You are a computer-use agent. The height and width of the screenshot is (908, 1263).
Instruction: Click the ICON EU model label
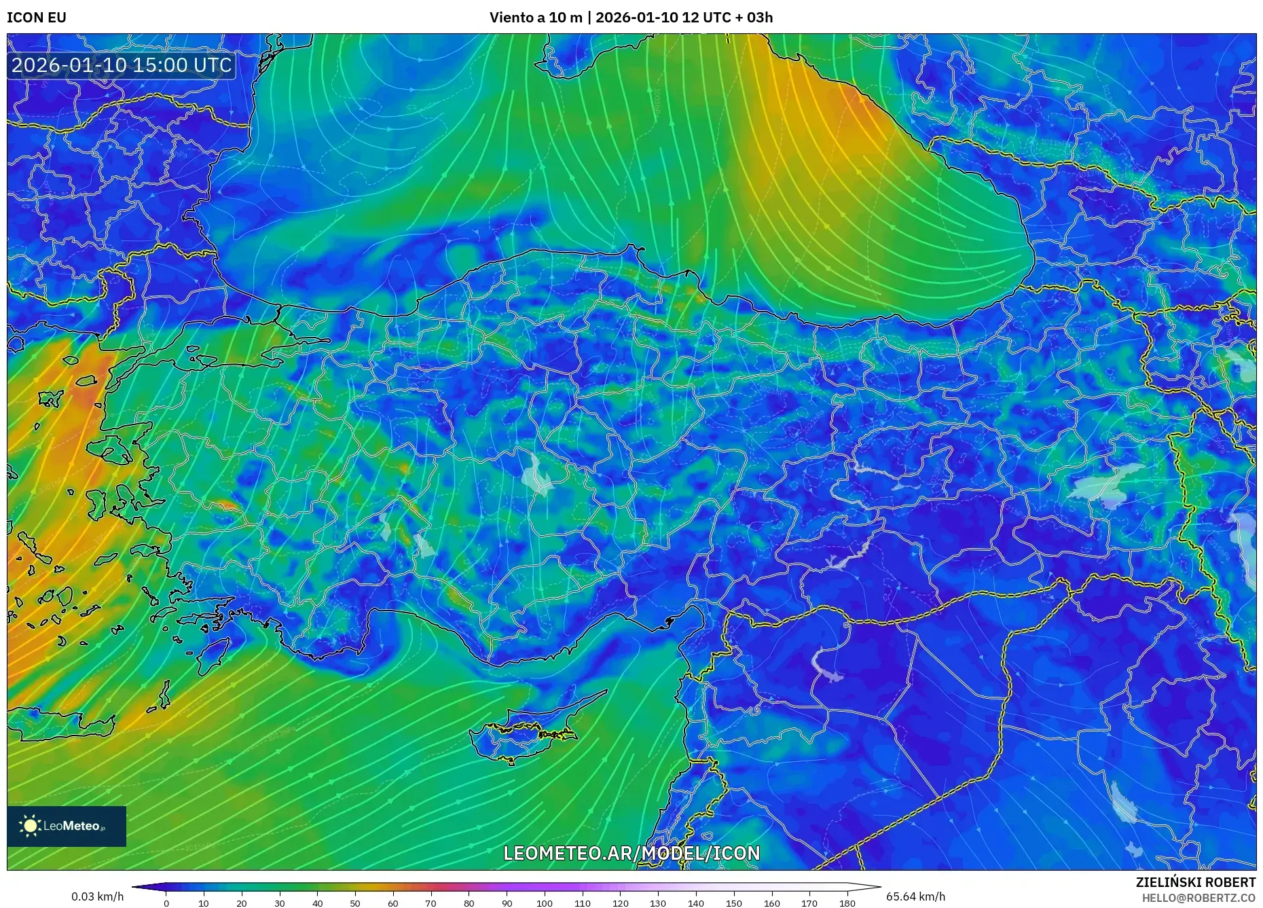tap(37, 18)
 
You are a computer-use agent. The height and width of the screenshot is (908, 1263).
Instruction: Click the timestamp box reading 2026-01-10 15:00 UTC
tap(122, 65)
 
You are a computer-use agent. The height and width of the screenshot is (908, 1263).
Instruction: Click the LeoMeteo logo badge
tap(67, 826)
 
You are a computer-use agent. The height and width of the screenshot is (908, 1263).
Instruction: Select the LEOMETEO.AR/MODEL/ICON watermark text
tap(631, 853)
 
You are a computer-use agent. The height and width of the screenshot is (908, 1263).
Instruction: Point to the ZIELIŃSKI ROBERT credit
tap(1195, 882)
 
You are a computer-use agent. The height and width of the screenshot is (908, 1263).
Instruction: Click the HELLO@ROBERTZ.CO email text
tap(1198, 898)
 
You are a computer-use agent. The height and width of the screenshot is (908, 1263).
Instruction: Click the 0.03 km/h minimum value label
tap(97, 896)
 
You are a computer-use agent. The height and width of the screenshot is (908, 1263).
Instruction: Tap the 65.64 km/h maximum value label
tap(915, 896)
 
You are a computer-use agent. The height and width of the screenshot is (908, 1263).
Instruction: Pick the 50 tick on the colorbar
tap(355, 903)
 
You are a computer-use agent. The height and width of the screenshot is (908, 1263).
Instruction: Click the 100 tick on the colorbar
tap(545, 903)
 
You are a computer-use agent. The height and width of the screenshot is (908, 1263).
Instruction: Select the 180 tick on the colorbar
tap(847, 903)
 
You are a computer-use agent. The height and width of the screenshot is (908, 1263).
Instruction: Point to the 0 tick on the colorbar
tap(166, 903)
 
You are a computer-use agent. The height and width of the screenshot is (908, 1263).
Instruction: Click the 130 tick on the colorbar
tap(658, 903)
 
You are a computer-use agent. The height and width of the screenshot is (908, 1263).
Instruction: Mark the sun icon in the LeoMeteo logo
tap(31, 826)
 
